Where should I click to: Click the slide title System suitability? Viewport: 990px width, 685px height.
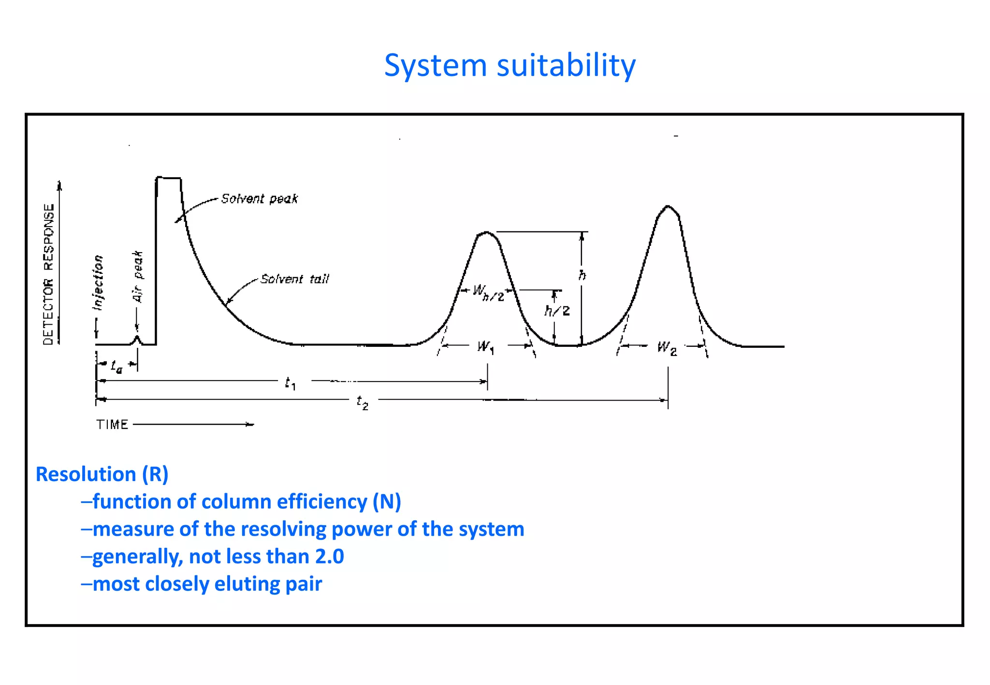(x=510, y=66)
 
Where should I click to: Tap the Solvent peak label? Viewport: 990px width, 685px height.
(x=259, y=199)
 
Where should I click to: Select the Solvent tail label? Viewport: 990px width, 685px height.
(x=294, y=279)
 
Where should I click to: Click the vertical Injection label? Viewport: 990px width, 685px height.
(x=98, y=283)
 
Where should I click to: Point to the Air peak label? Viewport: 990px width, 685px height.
(x=138, y=276)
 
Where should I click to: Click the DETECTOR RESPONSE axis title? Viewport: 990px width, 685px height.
(x=49, y=273)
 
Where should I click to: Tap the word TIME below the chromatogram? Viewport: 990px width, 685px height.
(x=112, y=425)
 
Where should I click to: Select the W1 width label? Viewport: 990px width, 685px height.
(x=485, y=347)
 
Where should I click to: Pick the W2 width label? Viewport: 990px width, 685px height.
(x=667, y=348)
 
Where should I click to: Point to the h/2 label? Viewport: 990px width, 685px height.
(x=557, y=311)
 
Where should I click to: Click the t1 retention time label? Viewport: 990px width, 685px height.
(x=290, y=384)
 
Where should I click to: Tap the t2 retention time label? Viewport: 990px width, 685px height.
(x=363, y=402)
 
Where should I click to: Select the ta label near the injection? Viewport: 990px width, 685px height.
(x=116, y=367)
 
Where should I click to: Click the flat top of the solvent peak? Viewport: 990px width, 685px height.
(x=169, y=178)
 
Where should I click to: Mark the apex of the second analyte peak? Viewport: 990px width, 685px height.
(x=668, y=206)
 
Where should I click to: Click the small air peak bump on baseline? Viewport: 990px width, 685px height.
(x=137, y=339)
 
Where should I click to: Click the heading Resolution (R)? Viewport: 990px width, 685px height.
(x=102, y=474)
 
